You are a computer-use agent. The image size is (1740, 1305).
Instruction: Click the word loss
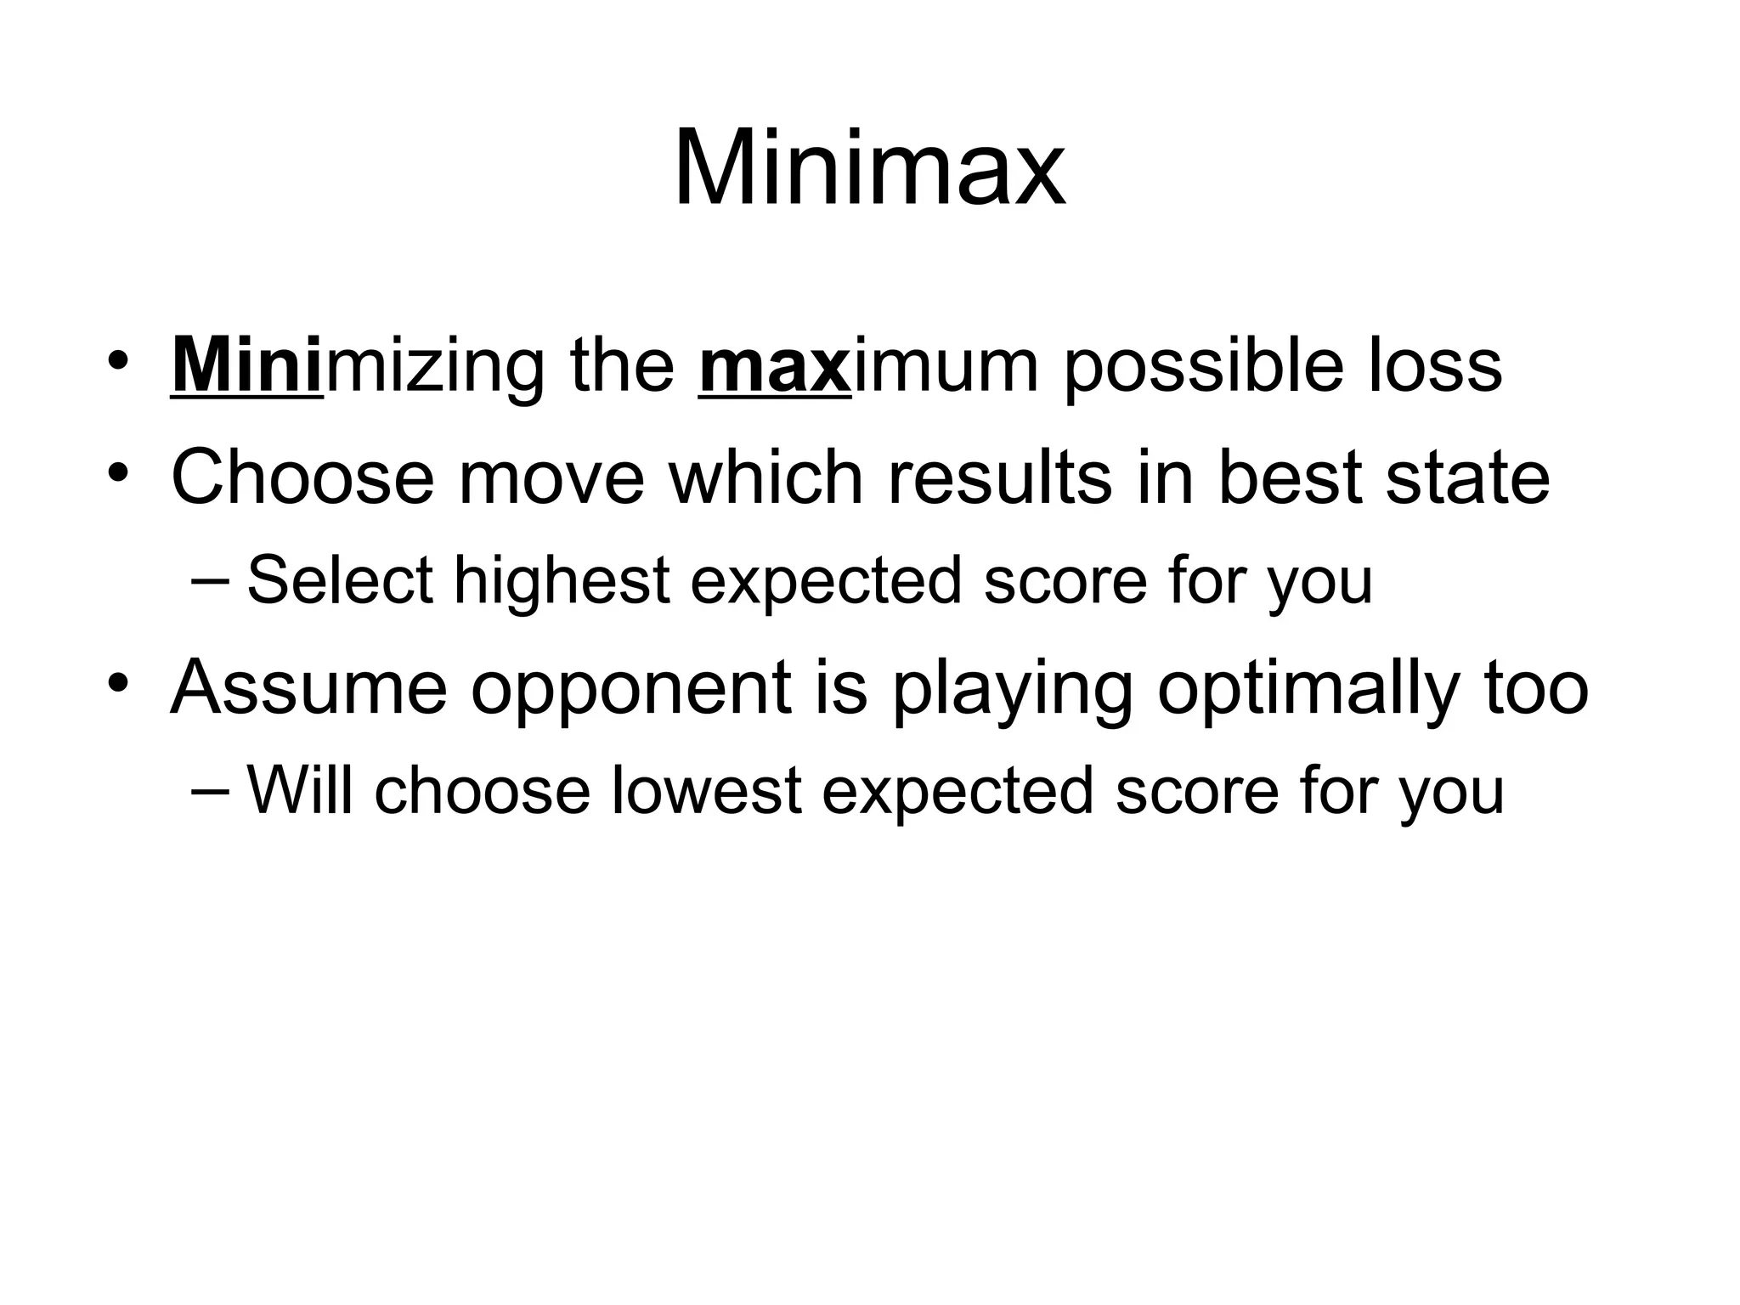(x=1435, y=367)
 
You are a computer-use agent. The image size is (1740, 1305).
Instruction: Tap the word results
(x=999, y=477)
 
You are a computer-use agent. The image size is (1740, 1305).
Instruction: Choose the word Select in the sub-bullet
(x=340, y=580)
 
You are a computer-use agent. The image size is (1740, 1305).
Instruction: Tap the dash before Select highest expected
(x=210, y=581)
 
